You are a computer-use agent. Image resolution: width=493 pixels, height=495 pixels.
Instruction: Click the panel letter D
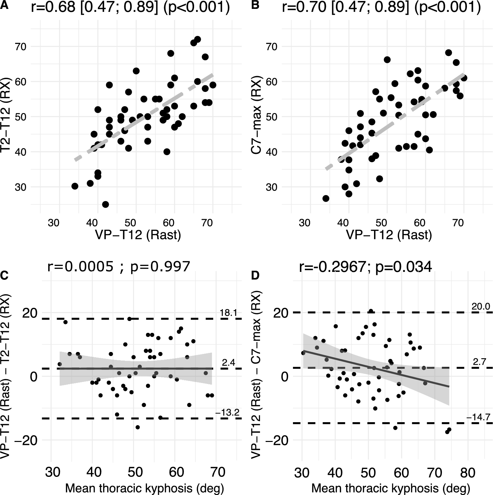click(x=255, y=276)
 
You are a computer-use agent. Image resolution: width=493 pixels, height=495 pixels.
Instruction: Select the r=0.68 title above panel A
click(x=130, y=8)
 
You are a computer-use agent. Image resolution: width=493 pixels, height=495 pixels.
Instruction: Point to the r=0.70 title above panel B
click(x=381, y=8)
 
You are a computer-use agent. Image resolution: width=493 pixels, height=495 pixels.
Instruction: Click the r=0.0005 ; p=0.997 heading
click(x=119, y=266)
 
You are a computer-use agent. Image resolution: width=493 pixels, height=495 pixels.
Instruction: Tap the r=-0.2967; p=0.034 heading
click(x=365, y=267)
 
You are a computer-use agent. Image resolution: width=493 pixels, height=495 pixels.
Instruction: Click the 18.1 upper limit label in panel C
click(x=228, y=313)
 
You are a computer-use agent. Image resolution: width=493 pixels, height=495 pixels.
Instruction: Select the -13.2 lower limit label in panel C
click(x=227, y=412)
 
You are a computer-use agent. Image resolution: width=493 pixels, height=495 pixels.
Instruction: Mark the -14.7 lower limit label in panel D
click(x=478, y=418)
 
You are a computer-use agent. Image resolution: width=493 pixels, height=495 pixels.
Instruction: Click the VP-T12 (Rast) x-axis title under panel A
click(x=138, y=235)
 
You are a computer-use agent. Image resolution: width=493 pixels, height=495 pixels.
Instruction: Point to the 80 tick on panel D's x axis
click(x=467, y=473)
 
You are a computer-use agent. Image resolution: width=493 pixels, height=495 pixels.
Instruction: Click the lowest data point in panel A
click(x=105, y=204)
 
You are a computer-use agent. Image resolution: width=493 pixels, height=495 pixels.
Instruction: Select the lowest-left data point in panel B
click(x=326, y=198)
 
